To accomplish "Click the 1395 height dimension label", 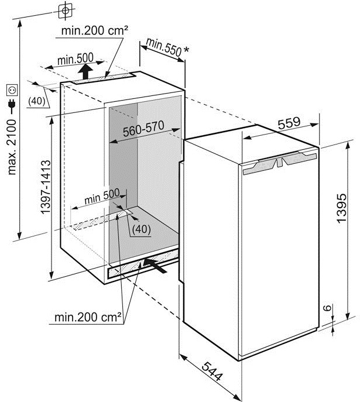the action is (342, 208).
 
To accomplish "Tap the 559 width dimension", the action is (289, 123).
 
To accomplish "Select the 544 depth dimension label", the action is (212, 372).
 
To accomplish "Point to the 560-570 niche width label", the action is (143, 129).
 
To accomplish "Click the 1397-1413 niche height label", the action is (46, 187).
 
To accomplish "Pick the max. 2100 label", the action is (12, 147).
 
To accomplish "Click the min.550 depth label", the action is (164, 47).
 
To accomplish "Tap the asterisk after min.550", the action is (186, 49).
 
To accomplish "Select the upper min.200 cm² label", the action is (95, 30).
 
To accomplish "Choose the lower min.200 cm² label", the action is (88, 317).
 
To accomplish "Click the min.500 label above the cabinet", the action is (76, 59).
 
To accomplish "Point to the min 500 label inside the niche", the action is (102, 196).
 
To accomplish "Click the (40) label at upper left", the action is (36, 101).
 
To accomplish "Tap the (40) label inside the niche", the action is (141, 229).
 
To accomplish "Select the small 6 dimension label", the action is (327, 307).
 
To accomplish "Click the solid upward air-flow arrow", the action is (85, 71).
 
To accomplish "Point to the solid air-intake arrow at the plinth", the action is (155, 266).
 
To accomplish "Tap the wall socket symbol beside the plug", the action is (12, 90).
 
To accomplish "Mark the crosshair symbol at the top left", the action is (65, 11).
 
